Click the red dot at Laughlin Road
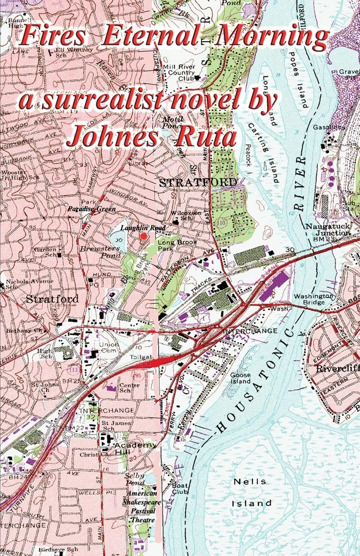pyautogui.click(x=143, y=236)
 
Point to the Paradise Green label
pyautogui.click(x=92, y=209)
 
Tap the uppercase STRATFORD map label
pyautogui.click(x=198, y=182)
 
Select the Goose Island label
pyautogui.click(x=240, y=378)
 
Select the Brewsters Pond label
pyautogui.click(x=100, y=252)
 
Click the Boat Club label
pyautogui.click(x=180, y=489)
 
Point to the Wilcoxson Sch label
pyautogui.click(x=181, y=215)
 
